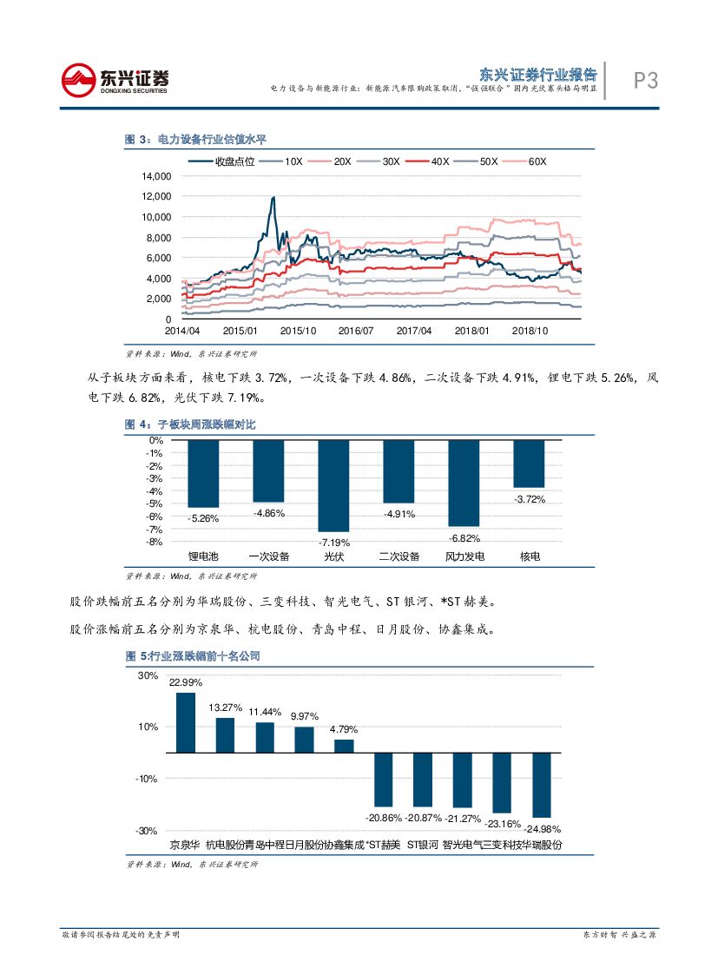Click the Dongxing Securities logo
coord(115,81)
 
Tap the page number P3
coord(645,82)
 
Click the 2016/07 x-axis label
coord(356,331)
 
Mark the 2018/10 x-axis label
coord(529,331)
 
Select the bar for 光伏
coord(333,486)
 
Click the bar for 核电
coord(529,464)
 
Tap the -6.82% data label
coord(464,537)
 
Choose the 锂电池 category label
coord(203,556)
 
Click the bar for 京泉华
coord(186,722)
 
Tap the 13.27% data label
coord(225,707)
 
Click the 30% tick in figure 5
coord(148,676)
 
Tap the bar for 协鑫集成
coord(345,746)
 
